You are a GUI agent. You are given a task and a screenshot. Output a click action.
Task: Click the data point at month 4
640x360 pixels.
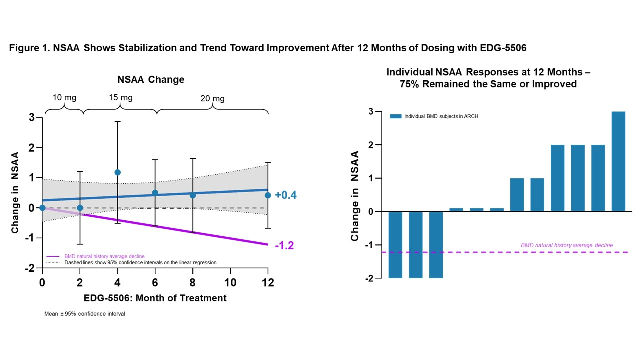[118, 172]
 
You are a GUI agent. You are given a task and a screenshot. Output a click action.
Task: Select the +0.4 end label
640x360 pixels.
[286, 195]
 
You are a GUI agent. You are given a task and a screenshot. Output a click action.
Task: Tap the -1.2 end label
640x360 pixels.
[284, 245]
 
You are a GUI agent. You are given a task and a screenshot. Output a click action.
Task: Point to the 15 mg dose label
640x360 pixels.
[120, 97]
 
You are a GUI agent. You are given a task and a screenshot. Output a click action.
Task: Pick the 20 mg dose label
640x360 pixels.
[213, 98]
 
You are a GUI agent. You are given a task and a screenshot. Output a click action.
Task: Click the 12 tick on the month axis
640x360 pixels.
[268, 282]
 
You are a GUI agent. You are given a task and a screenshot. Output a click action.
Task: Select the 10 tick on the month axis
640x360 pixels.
[230, 282]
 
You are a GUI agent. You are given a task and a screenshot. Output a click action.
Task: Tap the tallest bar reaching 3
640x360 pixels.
[618, 161]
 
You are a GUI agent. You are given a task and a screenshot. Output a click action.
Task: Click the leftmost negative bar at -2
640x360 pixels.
[396, 244]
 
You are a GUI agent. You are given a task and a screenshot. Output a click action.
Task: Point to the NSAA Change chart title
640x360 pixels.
[151, 80]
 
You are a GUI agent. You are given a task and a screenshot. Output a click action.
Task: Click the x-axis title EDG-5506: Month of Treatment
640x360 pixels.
[155, 298]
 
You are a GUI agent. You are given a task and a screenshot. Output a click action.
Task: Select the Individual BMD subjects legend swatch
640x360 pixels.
[395, 116]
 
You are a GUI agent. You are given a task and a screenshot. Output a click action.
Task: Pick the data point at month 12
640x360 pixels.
[268, 195]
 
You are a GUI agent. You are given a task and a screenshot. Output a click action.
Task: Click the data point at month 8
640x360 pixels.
[193, 195]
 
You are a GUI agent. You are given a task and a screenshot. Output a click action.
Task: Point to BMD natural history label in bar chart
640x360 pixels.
[566, 245]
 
